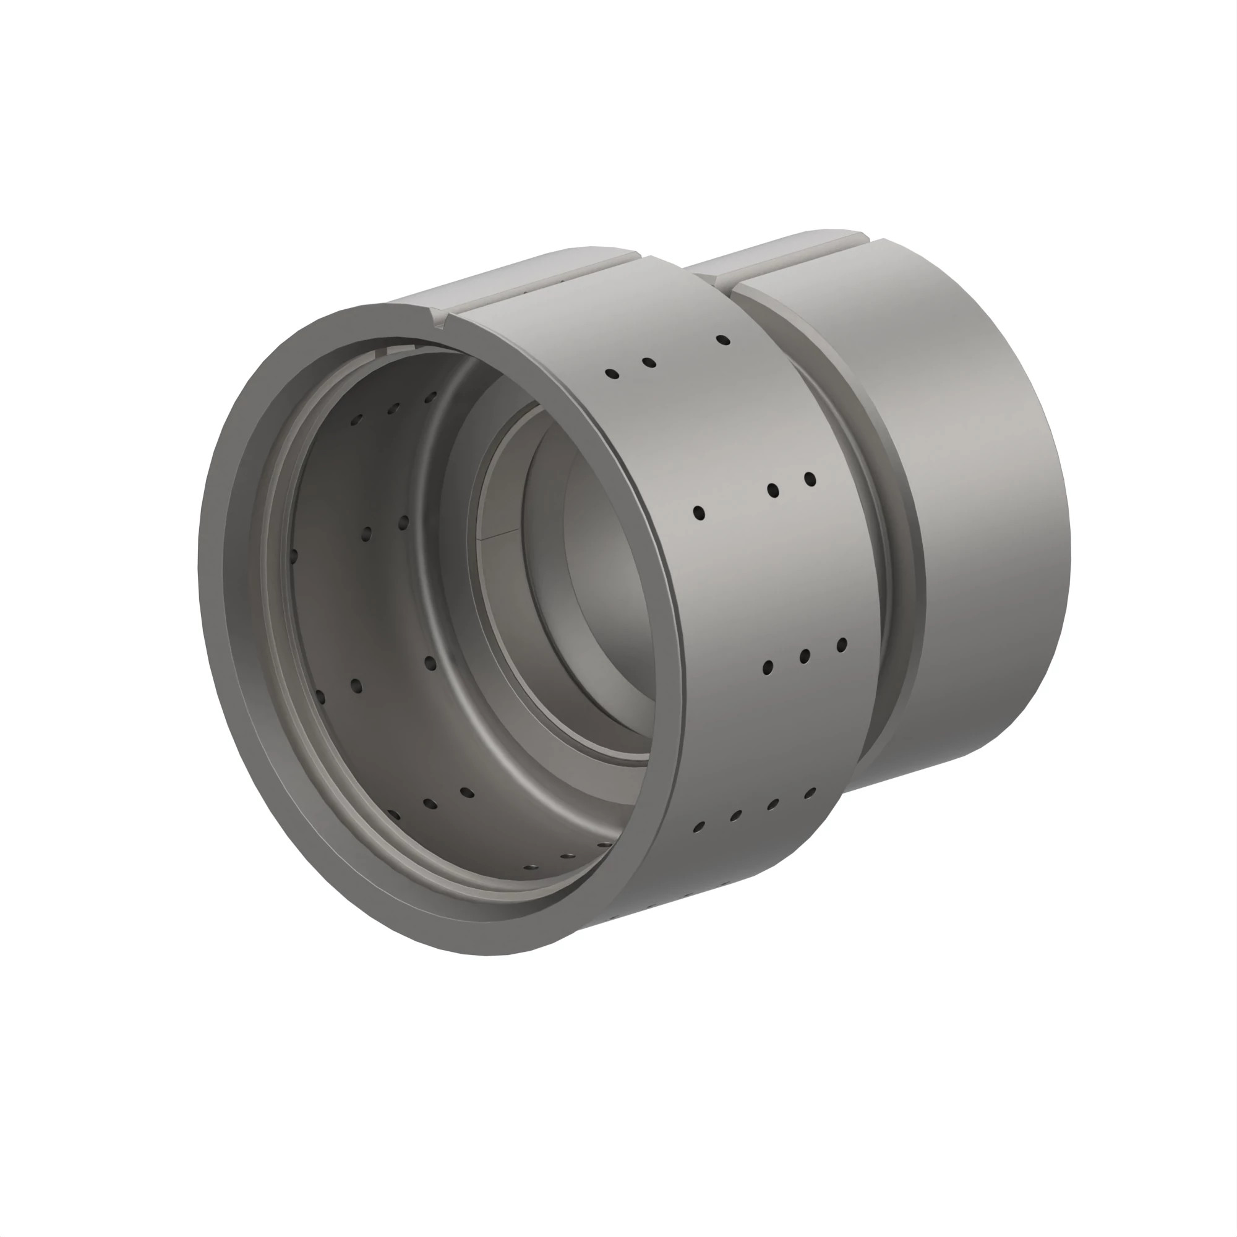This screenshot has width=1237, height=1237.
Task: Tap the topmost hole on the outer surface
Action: (x=723, y=340)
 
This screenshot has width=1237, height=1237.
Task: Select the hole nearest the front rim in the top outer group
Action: (x=612, y=374)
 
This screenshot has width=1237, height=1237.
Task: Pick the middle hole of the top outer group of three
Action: (x=649, y=362)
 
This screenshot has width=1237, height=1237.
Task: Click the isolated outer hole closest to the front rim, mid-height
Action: (x=698, y=512)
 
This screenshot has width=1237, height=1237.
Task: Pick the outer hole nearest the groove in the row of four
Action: (x=810, y=794)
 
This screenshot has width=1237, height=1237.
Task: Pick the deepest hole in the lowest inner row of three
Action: (x=468, y=793)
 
